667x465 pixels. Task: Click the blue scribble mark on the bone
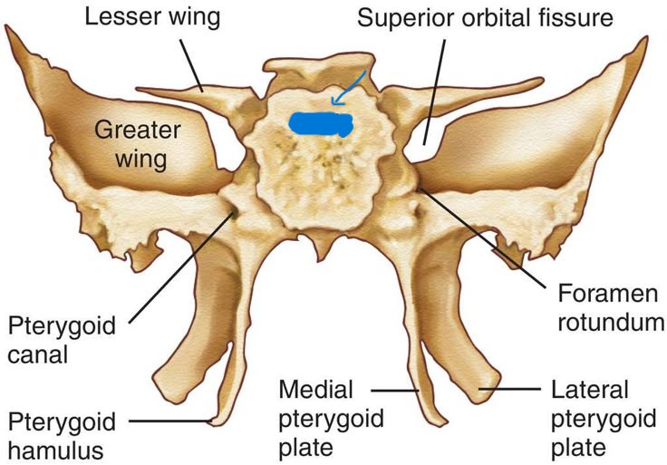321,124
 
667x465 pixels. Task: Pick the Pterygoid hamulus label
61,435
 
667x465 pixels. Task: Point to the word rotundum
607,322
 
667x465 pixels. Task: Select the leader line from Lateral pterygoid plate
512,391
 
